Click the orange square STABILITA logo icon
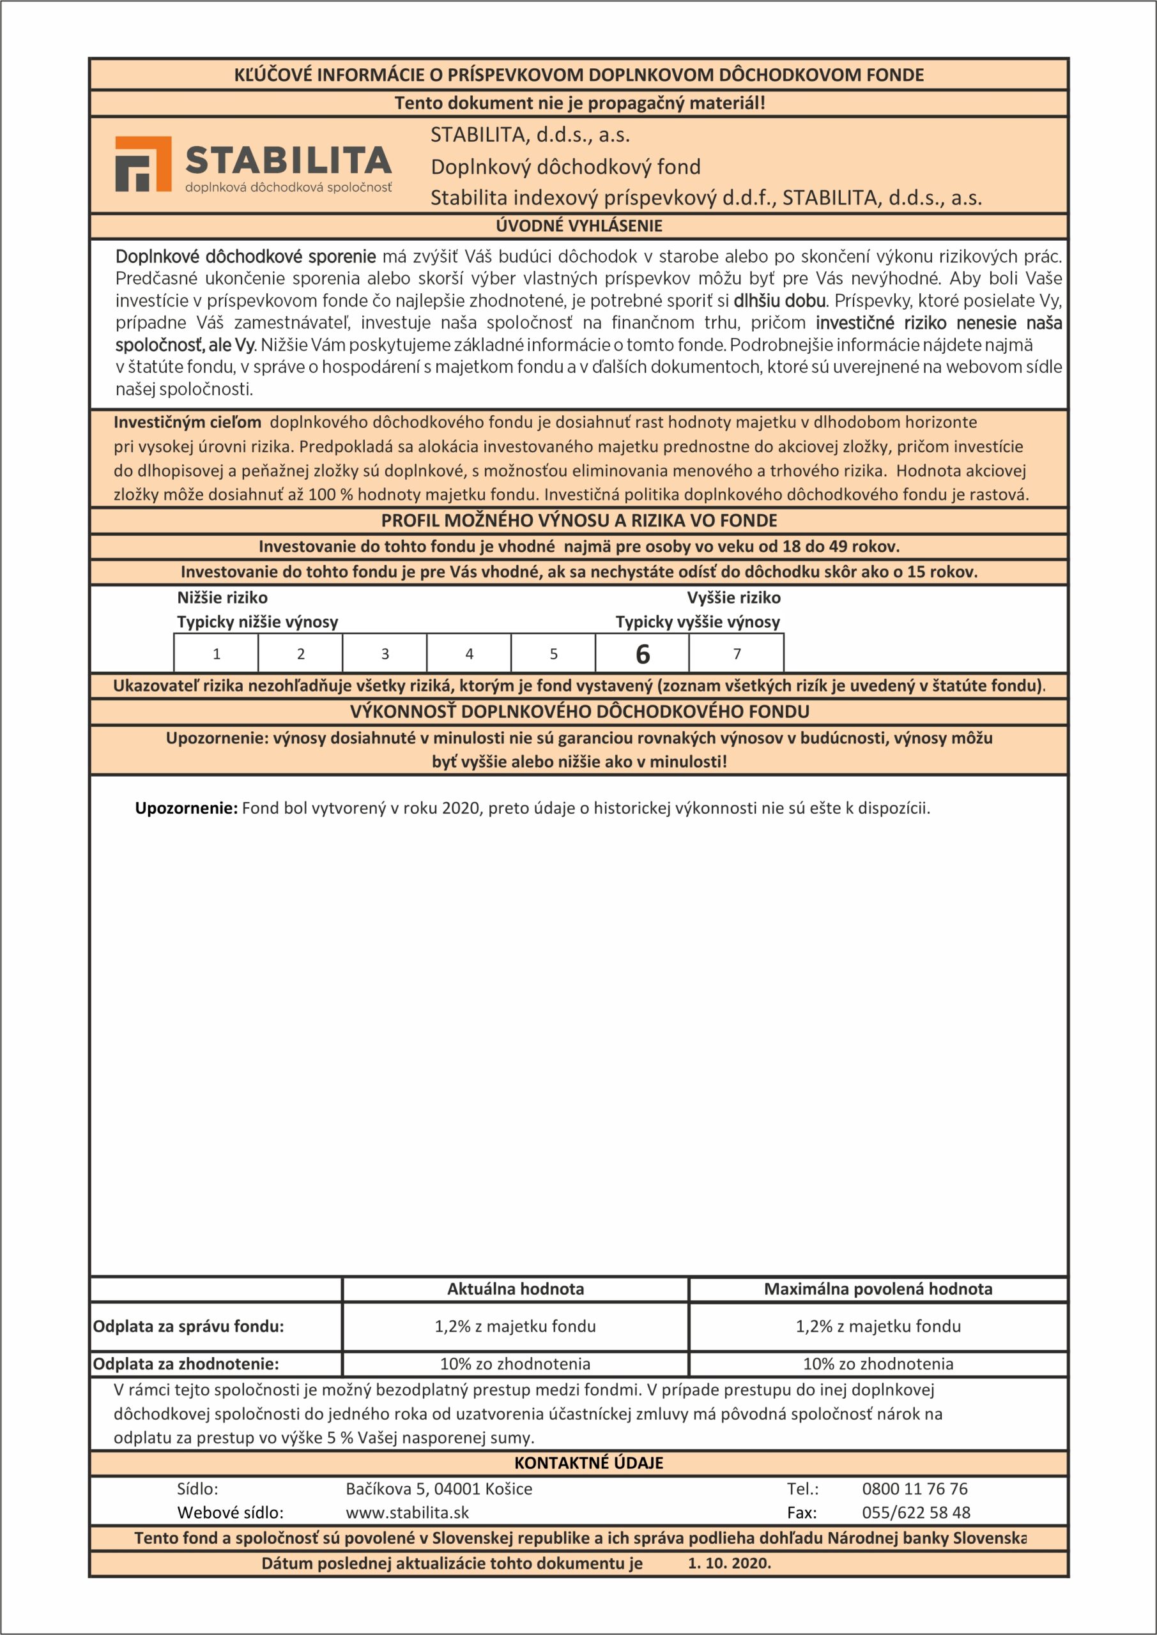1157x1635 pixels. [143, 163]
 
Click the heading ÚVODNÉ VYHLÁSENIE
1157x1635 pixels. [579, 225]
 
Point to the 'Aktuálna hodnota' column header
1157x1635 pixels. [515, 1289]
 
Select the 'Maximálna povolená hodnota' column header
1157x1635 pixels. [878, 1289]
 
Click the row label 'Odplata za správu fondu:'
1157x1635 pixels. [189, 1326]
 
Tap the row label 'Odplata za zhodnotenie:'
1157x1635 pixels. [186, 1364]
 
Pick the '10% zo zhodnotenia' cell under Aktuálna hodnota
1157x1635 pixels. [515, 1364]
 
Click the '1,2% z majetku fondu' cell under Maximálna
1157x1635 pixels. [878, 1326]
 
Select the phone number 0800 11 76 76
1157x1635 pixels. [915, 1488]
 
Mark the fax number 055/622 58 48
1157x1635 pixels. [916, 1512]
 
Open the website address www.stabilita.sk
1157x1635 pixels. [408, 1512]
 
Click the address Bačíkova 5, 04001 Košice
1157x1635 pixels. [439, 1488]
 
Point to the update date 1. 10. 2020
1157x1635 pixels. [730, 1563]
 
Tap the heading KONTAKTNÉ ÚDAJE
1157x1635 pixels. [588, 1463]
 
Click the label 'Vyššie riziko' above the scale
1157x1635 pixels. [734, 597]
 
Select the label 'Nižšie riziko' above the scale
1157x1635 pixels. [222, 597]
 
